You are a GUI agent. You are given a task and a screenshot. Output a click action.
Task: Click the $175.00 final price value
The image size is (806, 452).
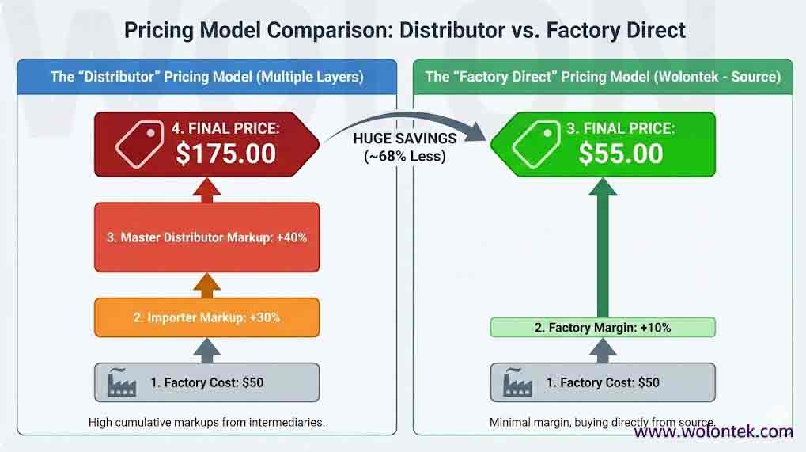(225, 152)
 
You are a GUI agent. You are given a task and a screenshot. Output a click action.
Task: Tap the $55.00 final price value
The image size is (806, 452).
(620, 152)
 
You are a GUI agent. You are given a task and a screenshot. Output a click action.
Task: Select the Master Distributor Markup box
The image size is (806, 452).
(206, 237)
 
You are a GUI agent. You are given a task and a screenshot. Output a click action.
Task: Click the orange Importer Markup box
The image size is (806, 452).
(206, 317)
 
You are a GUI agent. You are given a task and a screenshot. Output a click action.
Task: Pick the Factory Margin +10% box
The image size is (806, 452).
(603, 327)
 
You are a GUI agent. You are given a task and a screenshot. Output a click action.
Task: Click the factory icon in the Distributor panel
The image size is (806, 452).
(124, 382)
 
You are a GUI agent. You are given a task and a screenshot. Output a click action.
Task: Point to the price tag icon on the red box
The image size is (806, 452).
(139, 143)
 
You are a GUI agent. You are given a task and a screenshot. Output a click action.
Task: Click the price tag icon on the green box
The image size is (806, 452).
(534, 143)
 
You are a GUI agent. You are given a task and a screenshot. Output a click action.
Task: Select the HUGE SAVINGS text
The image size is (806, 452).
(405, 139)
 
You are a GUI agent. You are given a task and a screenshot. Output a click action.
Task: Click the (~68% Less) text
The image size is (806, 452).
(405, 156)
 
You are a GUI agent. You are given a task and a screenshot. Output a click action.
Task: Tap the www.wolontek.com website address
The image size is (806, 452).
(713, 431)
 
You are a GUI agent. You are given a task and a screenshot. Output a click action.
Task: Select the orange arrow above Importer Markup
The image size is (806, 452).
(206, 284)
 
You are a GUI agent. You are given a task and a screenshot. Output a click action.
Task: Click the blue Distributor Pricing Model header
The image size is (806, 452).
(206, 77)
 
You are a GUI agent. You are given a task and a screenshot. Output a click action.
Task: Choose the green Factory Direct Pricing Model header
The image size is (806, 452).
(603, 77)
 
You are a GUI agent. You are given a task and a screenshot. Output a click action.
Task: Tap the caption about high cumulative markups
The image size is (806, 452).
(206, 422)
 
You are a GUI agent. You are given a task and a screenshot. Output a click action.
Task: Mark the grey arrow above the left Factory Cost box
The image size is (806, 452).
(206, 348)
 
